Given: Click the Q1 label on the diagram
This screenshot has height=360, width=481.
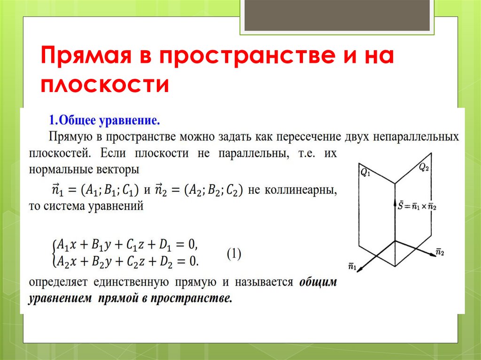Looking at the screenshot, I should (x=365, y=172).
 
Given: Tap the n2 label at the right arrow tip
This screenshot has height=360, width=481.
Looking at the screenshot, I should (x=440, y=252).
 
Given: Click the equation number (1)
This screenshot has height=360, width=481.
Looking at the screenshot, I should (x=234, y=254).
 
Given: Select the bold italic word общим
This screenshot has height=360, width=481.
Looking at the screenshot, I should (x=318, y=283).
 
